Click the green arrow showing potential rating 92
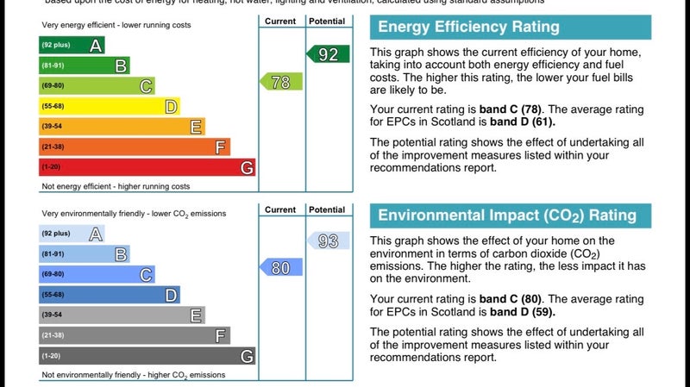click(x=329, y=55)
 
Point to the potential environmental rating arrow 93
click(x=329, y=241)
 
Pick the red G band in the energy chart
click(x=147, y=167)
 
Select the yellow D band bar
click(x=109, y=106)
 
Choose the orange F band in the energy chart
click(x=135, y=147)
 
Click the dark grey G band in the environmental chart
click(x=147, y=356)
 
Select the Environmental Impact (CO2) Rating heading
click(x=506, y=215)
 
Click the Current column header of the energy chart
click(x=280, y=21)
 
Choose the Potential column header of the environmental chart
click(x=327, y=209)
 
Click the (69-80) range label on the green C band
click(x=52, y=86)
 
